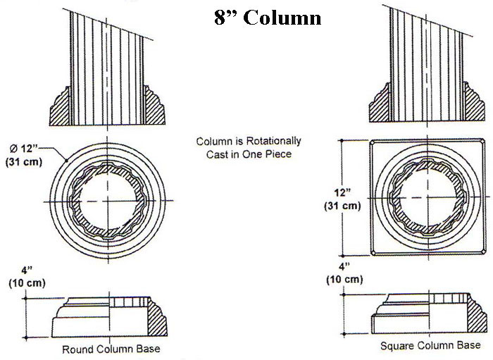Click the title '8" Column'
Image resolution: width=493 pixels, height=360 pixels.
[x=268, y=18]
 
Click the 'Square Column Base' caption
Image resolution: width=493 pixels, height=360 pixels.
[x=430, y=345]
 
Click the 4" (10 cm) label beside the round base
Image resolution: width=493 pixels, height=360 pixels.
[x=26, y=276]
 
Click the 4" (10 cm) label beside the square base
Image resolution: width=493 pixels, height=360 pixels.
[x=344, y=273]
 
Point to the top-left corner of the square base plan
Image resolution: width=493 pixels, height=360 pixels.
[x=372, y=141]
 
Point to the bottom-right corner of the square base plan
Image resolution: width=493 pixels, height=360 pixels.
[x=485, y=254]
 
